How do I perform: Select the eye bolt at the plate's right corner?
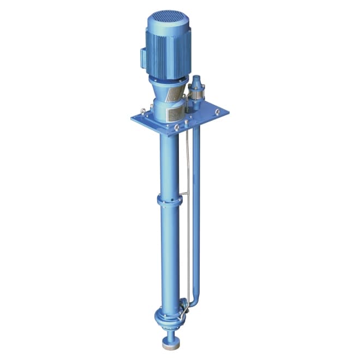pyautogui.click(x=217, y=112)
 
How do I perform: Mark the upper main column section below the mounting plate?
pyautogui.click(x=167, y=164)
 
